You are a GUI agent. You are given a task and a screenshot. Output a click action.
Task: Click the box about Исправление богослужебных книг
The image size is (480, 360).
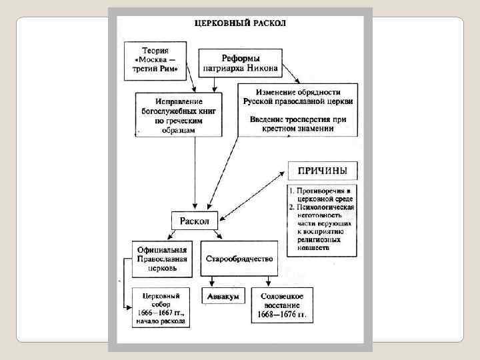pyautogui.click(x=178, y=115)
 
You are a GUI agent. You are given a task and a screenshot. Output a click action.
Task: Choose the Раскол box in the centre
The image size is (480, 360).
pyautogui.click(x=195, y=221)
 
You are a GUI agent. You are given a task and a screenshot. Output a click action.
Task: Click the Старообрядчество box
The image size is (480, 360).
pyautogui.click(x=239, y=259)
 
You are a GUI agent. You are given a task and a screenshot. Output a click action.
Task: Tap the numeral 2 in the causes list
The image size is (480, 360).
pyautogui.click(x=292, y=208)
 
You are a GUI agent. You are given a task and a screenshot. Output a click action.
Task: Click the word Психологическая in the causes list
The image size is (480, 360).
pyautogui.click(x=328, y=208)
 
